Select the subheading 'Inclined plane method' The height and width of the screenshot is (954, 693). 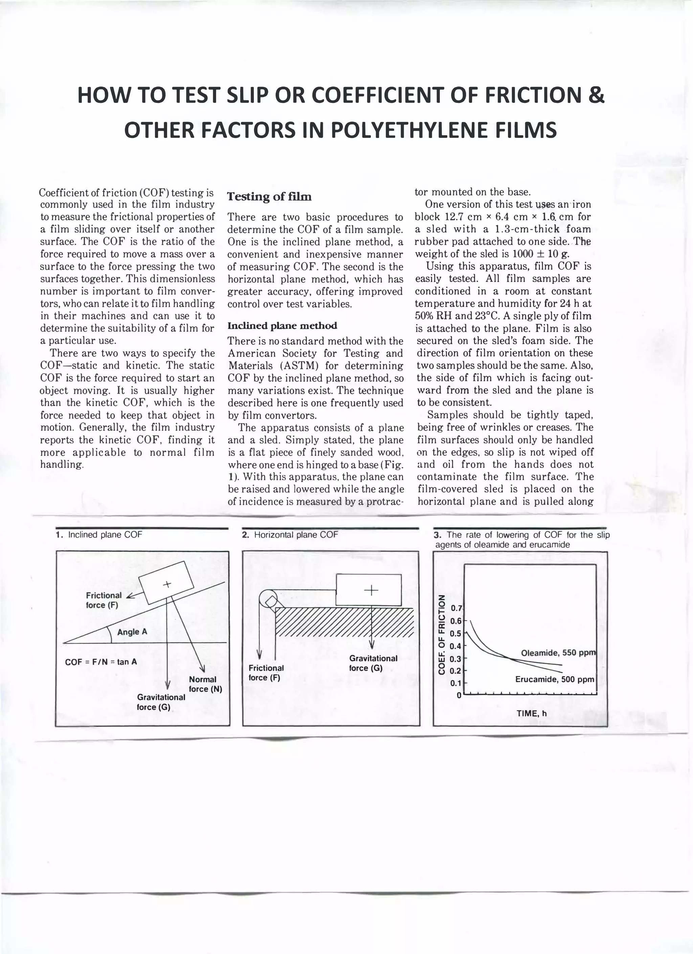(282, 326)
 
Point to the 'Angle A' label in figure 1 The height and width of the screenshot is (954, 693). (132, 632)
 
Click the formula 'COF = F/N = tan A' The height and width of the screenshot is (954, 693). (101, 662)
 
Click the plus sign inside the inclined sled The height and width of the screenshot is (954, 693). (167, 584)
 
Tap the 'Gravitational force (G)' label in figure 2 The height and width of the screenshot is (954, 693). (373, 663)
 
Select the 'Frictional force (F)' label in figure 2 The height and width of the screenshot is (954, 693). (266, 673)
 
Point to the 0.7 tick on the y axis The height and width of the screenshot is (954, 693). (456, 608)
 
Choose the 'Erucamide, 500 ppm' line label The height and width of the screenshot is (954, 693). (554, 679)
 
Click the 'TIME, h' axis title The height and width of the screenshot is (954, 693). (531, 713)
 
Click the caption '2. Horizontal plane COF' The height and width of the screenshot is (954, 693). (290, 535)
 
